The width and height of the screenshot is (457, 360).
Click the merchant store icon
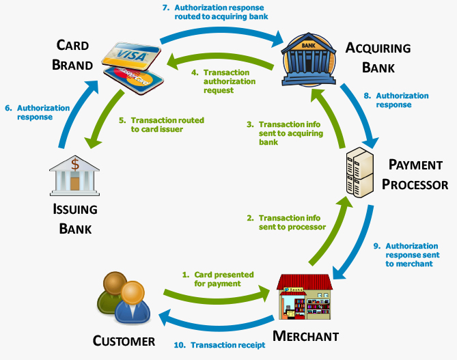(x=303, y=298)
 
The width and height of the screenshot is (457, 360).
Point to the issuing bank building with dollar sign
(x=75, y=174)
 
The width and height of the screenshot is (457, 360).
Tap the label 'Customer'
(x=124, y=340)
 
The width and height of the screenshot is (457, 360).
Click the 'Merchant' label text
(x=305, y=335)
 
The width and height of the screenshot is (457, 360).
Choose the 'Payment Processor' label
(x=415, y=175)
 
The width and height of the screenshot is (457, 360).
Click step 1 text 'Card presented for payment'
(x=217, y=279)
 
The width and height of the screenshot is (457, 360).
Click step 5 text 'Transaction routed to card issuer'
(x=161, y=124)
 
